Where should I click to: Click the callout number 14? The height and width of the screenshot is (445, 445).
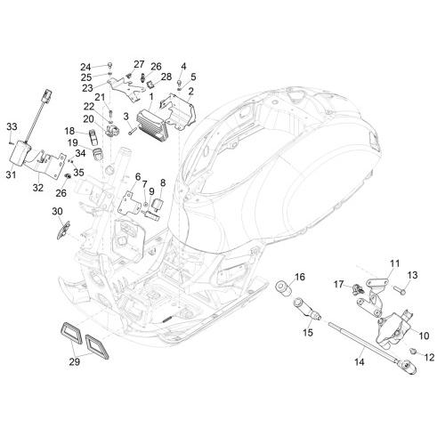point(359,362)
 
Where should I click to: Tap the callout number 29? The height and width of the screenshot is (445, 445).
point(75,362)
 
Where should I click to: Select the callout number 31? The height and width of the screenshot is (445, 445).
point(11,174)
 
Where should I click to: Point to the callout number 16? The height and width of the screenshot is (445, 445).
point(300,277)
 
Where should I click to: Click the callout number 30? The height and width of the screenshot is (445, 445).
point(57,211)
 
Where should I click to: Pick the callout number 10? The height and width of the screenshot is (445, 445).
point(424,336)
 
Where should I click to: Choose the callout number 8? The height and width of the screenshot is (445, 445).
point(163,182)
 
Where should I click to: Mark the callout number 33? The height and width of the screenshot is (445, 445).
point(12,126)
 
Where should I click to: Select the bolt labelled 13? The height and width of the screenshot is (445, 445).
point(399,290)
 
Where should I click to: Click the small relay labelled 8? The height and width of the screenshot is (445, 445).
point(158,204)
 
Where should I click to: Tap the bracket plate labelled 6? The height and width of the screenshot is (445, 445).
point(128,203)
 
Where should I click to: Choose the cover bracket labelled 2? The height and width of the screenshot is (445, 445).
point(178,111)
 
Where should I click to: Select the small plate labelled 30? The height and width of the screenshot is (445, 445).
point(63,230)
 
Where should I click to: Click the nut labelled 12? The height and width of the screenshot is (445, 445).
point(412,352)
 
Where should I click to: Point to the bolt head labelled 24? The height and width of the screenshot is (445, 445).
point(109,65)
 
